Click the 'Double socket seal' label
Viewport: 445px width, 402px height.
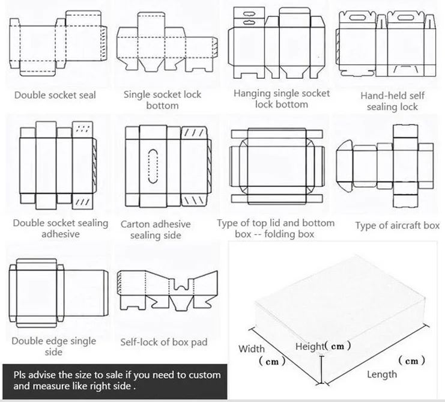(55, 95)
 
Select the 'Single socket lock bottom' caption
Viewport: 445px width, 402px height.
(162, 100)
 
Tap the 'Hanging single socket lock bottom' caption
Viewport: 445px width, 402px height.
(281, 99)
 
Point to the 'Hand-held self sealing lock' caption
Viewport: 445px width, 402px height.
(392, 101)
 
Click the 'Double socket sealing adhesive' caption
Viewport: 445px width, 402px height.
(61, 228)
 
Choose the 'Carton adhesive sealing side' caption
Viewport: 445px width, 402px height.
(155, 230)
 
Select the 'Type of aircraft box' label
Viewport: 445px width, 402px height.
(397, 226)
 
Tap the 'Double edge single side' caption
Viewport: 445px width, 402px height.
(53, 346)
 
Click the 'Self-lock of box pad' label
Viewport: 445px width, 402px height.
(163, 342)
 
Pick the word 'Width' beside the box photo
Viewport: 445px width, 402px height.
(252, 349)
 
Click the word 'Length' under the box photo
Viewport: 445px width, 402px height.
(382, 374)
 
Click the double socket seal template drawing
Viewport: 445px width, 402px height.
(57, 45)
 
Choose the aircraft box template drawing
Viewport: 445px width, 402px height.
(384, 159)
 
